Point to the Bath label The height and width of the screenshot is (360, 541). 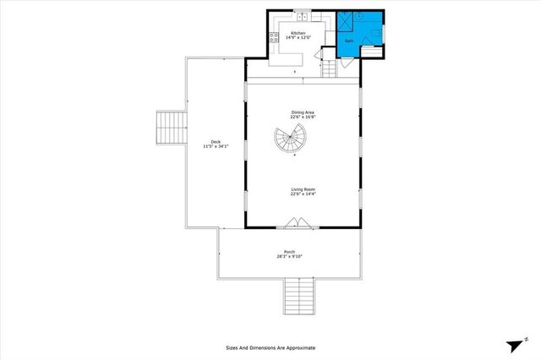(348, 40)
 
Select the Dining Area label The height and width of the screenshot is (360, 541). (303, 112)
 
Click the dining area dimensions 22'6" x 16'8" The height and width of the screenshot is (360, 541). (303, 118)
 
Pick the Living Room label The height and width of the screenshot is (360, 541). (303, 189)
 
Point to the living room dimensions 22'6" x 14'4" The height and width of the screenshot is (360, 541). (303, 195)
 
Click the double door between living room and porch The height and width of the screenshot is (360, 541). (302, 223)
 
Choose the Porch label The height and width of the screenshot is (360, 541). (289, 251)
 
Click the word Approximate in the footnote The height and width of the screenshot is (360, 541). (297, 347)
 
